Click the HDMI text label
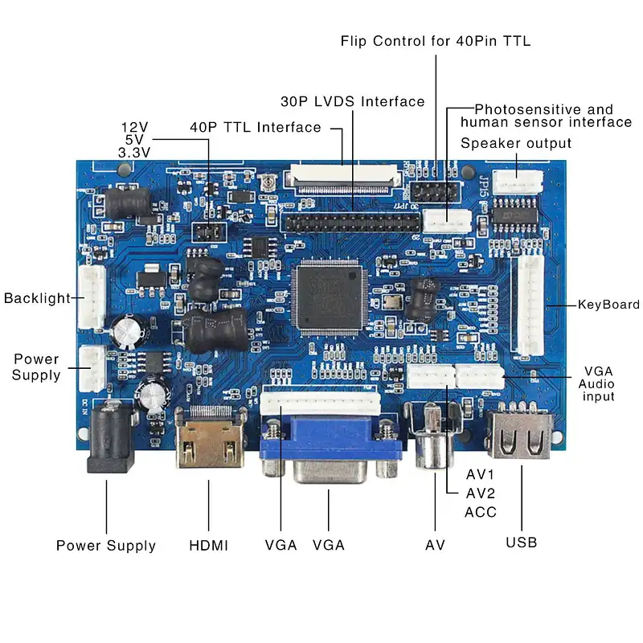point(208,545)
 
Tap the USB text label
point(521,542)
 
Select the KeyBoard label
point(608,305)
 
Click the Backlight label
point(37,298)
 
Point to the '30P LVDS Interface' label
point(352,102)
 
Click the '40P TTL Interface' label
point(255,127)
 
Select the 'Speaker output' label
point(516,143)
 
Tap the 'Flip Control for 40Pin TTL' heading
point(435,40)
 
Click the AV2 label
point(481,493)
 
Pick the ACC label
point(481,512)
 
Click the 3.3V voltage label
point(134,152)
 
